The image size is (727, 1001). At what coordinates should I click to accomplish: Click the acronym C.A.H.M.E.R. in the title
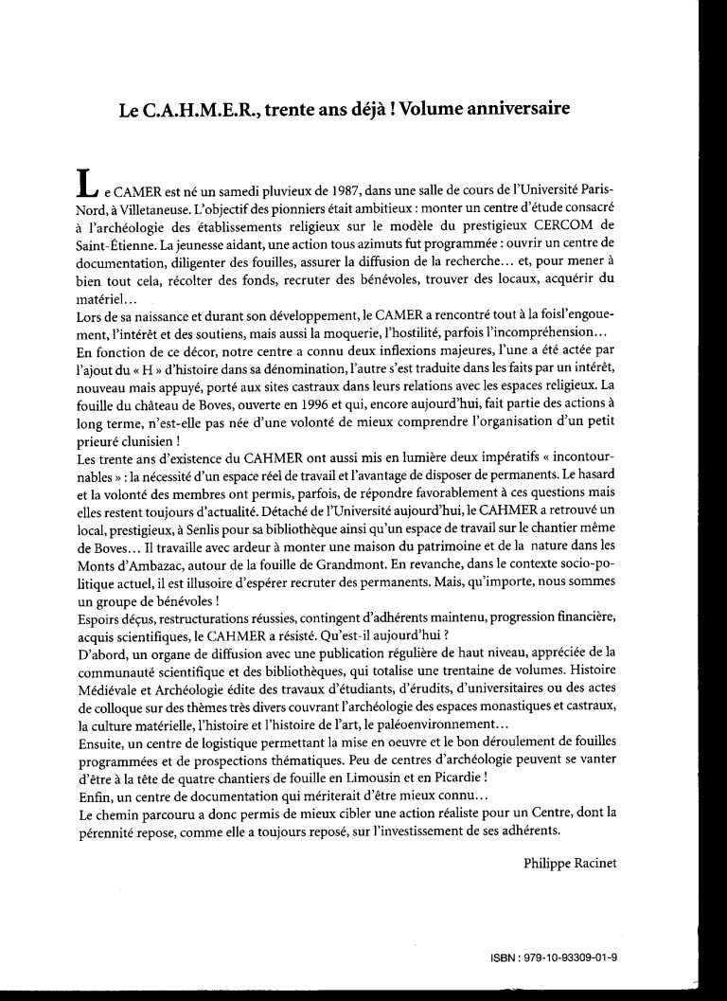202,108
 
